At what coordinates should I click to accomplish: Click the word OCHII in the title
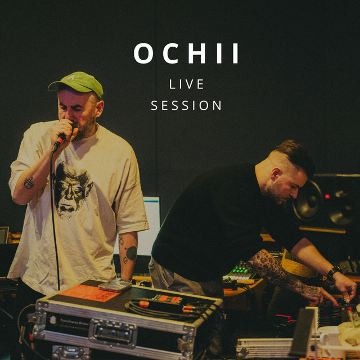(186, 53)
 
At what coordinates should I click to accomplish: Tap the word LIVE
(186, 84)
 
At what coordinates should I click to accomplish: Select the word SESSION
(186, 105)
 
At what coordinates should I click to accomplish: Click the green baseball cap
(76, 84)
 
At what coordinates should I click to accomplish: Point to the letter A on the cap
(71, 78)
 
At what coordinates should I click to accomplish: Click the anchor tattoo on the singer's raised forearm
(29, 183)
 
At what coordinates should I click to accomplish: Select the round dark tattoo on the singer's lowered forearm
(132, 253)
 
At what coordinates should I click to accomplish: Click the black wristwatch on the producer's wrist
(334, 272)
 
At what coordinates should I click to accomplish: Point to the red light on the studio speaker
(327, 196)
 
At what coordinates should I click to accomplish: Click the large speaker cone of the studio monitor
(308, 200)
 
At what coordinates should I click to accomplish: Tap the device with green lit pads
(240, 273)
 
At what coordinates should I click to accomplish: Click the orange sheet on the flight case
(89, 292)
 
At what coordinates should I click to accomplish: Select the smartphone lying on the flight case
(115, 286)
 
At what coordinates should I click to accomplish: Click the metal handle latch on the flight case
(112, 333)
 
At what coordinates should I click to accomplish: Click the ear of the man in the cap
(100, 109)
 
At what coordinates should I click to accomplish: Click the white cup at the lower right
(328, 337)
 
